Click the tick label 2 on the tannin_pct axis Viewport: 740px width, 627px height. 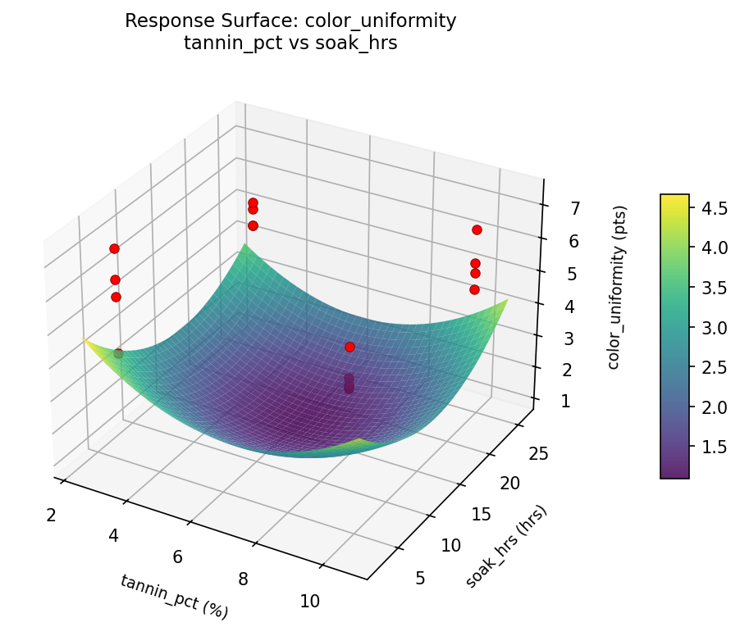[x=51, y=515]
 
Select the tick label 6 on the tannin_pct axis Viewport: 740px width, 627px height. [x=177, y=557]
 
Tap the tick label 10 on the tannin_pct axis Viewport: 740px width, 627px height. [x=309, y=601]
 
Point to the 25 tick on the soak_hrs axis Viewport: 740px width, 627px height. [x=534, y=454]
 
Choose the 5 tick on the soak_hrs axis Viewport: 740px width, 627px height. [x=421, y=579]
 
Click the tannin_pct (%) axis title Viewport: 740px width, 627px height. [x=174, y=596]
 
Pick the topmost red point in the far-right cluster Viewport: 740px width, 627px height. [x=477, y=229]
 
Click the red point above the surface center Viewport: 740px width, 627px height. [x=349, y=347]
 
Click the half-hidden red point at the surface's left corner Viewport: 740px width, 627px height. [x=118, y=353]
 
